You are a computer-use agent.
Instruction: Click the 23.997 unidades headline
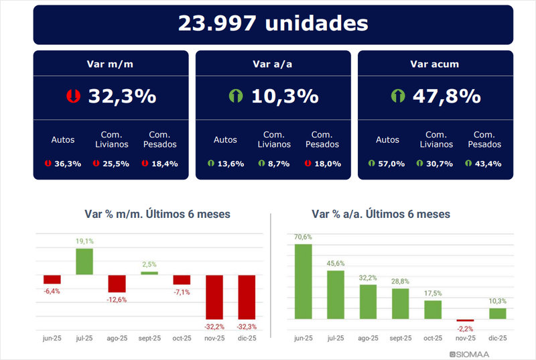coord(273,23)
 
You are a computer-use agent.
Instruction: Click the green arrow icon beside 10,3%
coord(235,97)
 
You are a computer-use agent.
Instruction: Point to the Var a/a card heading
coord(273,64)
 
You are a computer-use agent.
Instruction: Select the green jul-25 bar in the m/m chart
coord(84,261)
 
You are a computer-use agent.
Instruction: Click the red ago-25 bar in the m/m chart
coord(117,284)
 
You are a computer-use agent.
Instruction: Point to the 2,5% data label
coord(149,265)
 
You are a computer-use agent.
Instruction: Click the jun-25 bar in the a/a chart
coord(304,282)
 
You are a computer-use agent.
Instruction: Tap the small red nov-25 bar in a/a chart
coord(465,320)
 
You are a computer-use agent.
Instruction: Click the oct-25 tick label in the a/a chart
coord(433,339)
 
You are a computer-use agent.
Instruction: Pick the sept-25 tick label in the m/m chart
coord(149,339)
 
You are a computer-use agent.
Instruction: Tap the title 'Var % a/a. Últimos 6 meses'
coord(381,214)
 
